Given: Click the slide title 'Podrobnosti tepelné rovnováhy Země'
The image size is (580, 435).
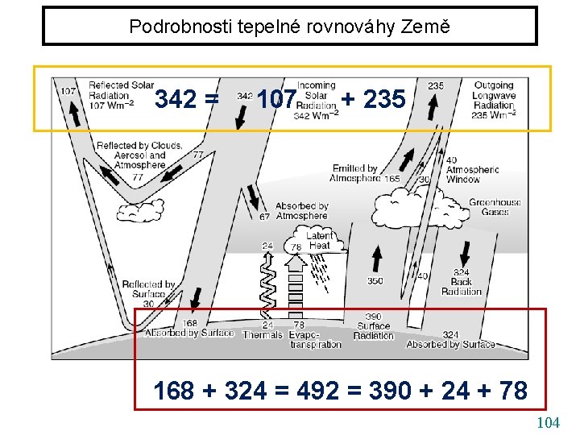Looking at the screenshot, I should [289, 27].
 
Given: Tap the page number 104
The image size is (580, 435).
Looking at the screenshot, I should [548, 422].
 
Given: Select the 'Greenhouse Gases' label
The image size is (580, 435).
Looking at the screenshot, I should [495, 207].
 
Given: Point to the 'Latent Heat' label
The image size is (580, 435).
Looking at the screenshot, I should [319, 240].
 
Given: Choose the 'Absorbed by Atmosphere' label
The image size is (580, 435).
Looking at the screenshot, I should [301, 211].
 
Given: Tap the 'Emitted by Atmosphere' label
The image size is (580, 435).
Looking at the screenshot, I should [354, 173].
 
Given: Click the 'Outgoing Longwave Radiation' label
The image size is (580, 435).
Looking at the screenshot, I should [494, 100].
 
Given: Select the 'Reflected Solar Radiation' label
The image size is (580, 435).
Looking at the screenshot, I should [121, 94].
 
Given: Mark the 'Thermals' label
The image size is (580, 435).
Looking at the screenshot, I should [262, 334].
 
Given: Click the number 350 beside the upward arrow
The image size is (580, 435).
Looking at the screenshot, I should [375, 281].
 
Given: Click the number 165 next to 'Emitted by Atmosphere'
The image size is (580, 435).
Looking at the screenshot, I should [392, 179].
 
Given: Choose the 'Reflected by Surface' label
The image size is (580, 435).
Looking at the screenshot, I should [148, 290].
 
